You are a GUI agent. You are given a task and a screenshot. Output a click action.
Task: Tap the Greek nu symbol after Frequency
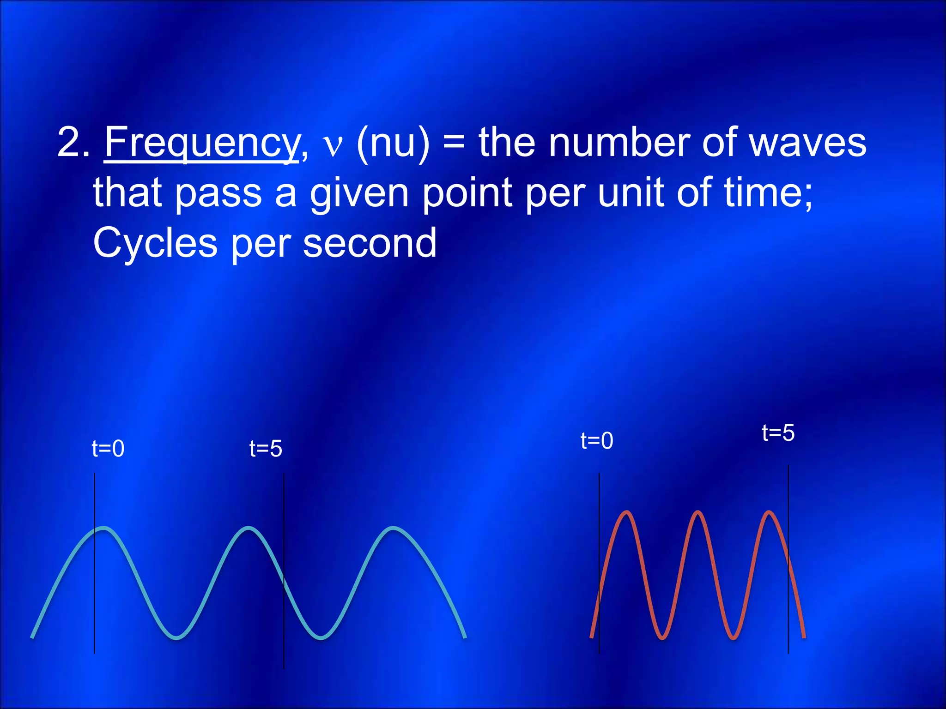(x=333, y=146)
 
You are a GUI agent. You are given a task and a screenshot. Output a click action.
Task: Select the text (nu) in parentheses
(x=393, y=143)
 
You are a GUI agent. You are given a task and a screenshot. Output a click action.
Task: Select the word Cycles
(x=155, y=243)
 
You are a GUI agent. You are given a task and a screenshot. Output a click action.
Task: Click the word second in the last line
(x=370, y=243)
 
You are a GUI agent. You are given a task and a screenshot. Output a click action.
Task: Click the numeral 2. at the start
(x=74, y=143)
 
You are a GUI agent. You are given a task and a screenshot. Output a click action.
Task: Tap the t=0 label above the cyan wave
(x=108, y=449)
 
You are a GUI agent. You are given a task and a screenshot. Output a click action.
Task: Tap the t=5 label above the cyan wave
(x=266, y=449)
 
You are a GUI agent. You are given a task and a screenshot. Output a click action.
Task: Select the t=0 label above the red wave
(x=597, y=441)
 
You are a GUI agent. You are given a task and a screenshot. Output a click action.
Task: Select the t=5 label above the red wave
(x=778, y=433)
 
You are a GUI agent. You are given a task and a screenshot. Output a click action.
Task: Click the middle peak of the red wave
(x=698, y=512)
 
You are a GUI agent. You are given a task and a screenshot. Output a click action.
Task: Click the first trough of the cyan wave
(x=177, y=638)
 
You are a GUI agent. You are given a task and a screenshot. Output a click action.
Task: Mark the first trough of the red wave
(x=662, y=638)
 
